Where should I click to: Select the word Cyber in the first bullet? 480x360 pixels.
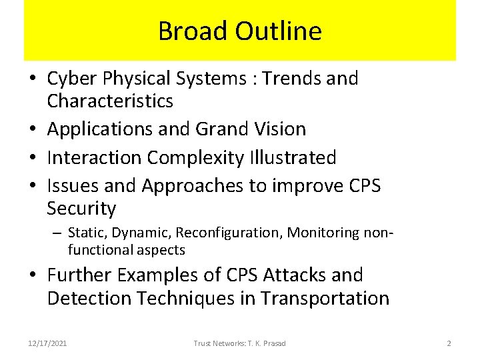[69, 79]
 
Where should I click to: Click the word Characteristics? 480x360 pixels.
[110, 101]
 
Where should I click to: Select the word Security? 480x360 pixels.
[81, 209]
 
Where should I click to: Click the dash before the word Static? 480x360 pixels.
[58, 233]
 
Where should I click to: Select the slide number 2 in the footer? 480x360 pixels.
[449, 343]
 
